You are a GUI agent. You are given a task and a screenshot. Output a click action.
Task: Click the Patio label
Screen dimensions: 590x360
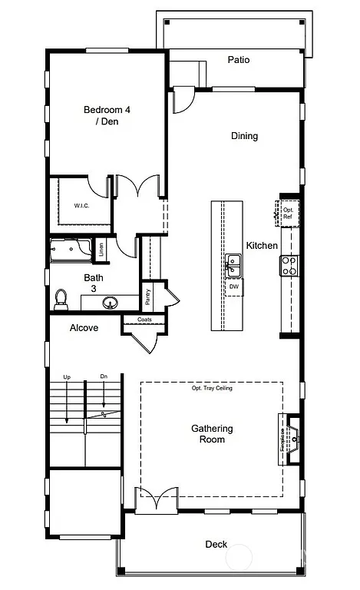pos(239,59)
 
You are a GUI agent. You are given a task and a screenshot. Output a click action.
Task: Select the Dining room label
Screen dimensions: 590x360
pos(244,136)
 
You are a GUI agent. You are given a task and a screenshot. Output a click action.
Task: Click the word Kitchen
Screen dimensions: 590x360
pos(262,246)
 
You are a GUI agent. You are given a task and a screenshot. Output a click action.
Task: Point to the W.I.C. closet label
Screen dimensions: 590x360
pos(83,206)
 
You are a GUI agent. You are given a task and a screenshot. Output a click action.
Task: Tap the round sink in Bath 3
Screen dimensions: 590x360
pos(111,302)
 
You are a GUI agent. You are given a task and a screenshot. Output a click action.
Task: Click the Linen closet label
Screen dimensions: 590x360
pos(101,249)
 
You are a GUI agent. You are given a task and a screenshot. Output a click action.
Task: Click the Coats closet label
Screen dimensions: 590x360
pos(144,320)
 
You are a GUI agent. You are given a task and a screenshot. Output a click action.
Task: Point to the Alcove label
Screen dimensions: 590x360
pos(84,328)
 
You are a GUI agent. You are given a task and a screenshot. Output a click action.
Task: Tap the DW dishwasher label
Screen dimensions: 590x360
pos(233,286)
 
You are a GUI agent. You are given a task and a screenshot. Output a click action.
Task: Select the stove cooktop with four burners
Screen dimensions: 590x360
pos(289,265)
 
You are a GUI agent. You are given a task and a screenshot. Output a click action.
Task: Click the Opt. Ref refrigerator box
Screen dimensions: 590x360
pos(288,213)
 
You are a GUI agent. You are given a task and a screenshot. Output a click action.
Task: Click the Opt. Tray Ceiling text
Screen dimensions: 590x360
pos(212,389)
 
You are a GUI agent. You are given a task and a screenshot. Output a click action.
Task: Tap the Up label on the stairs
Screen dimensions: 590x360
pos(67,377)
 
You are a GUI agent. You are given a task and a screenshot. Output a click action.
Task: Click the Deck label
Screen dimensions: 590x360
pos(216,544)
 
